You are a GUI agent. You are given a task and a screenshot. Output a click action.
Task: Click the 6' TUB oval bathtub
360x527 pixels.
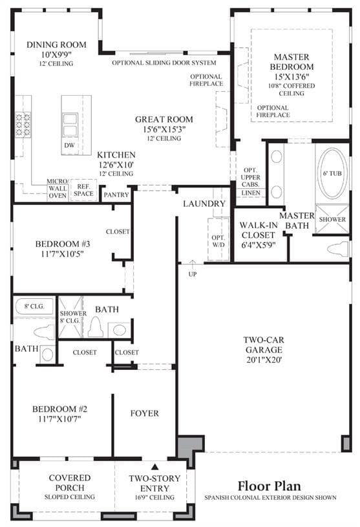(332, 173)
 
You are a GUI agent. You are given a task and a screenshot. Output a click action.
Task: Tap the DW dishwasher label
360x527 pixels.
(70, 145)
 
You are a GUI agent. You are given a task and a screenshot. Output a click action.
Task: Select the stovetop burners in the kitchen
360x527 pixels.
(23, 124)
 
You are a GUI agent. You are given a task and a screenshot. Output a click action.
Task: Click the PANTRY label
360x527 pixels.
(116, 195)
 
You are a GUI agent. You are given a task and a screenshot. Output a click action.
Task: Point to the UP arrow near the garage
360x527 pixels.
(193, 264)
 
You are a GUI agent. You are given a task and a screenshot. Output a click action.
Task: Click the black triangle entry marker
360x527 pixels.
(154, 466)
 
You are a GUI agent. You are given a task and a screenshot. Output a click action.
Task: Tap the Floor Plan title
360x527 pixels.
(270, 486)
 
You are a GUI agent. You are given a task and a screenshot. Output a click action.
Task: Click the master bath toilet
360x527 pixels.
(338, 249)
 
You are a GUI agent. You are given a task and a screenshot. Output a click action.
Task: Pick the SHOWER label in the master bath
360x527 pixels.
(332, 219)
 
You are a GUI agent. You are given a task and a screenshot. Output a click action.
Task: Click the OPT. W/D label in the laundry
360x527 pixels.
(218, 241)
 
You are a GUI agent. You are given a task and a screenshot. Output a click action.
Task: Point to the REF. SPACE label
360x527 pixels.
(83, 190)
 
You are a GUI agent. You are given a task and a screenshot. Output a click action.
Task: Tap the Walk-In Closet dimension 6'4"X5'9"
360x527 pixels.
(259, 245)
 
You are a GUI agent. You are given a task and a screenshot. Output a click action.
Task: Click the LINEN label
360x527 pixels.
(251, 193)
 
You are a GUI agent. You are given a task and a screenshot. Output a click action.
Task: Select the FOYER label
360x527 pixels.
(144, 413)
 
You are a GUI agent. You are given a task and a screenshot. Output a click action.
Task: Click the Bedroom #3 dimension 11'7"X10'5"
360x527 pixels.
(63, 253)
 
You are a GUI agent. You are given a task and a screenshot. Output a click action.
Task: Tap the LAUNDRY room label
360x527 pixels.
(204, 203)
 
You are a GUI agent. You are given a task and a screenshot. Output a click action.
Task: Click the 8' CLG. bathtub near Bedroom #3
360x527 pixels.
(34, 307)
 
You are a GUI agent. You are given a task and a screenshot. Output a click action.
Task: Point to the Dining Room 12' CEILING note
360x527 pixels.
(56, 63)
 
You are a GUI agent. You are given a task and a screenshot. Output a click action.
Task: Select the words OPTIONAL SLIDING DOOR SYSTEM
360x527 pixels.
(164, 63)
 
